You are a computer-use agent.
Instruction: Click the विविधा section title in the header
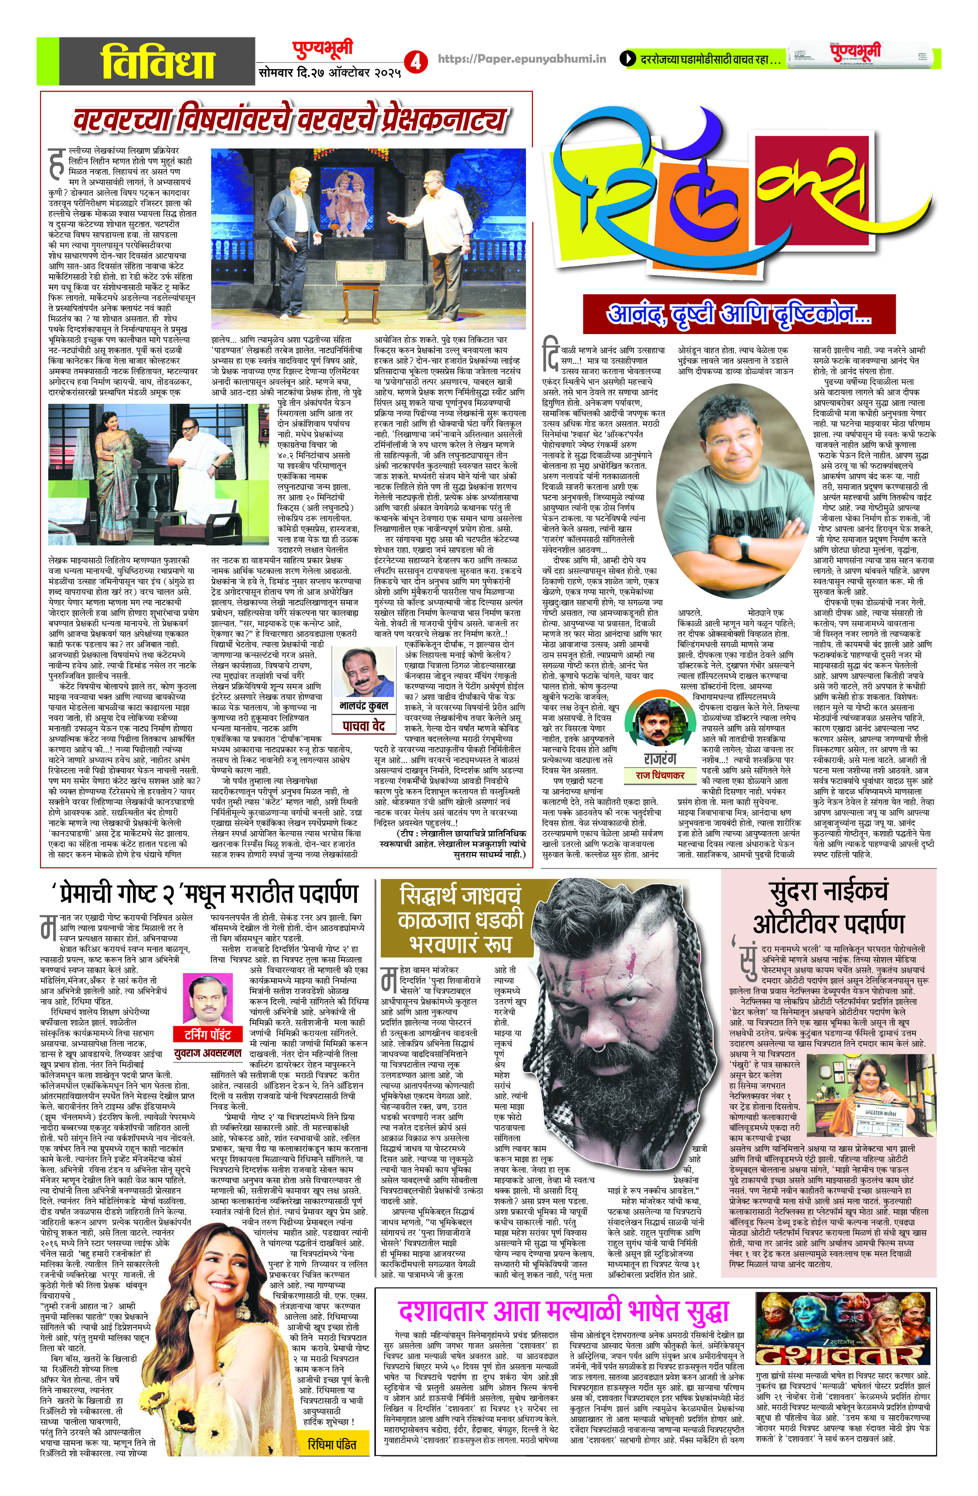click(158, 63)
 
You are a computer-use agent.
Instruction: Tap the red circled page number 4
click(415, 61)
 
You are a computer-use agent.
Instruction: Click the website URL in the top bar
click(521, 59)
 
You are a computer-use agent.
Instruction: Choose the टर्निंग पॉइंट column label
click(207, 1034)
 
